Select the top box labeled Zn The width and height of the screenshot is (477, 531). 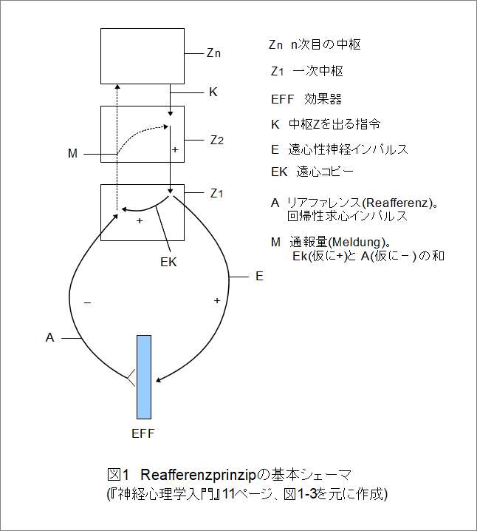[143, 55]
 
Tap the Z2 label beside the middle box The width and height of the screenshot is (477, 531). [217, 140]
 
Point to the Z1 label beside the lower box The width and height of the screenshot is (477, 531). [216, 193]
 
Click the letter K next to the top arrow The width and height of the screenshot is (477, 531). [213, 92]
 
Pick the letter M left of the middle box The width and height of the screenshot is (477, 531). [72, 154]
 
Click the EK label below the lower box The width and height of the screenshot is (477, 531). [169, 261]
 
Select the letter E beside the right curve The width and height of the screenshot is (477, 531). [259, 277]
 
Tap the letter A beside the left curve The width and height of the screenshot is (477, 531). [49, 337]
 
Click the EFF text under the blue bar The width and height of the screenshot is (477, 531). [143, 433]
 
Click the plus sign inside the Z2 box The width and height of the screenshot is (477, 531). [174, 149]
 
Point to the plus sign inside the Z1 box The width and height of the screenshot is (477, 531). [140, 220]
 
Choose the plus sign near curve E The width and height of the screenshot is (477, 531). [216, 301]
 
